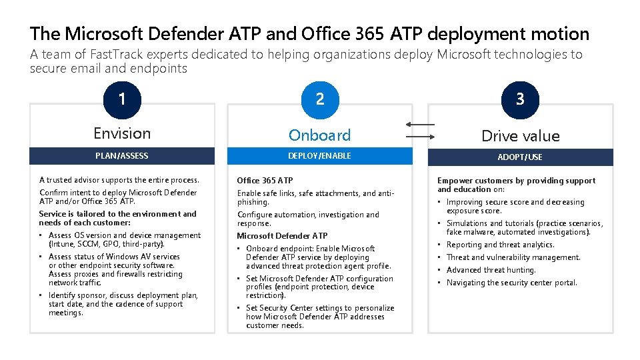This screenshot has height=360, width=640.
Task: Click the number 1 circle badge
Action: click(x=121, y=99)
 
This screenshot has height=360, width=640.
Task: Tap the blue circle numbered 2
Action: click(x=320, y=99)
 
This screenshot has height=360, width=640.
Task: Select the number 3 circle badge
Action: click(x=520, y=99)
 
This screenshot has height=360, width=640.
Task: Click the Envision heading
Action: click(x=122, y=133)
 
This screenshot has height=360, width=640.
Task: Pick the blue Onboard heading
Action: click(x=319, y=135)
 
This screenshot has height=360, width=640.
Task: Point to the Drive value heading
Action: click(x=520, y=136)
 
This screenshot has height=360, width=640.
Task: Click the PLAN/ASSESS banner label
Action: click(x=122, y=156)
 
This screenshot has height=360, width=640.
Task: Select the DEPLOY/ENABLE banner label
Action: click(x=319, y=156)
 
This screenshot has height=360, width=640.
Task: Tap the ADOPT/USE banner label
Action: click(x=520, y=157)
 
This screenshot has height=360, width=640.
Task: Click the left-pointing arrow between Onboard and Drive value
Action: click(x=420, y=125)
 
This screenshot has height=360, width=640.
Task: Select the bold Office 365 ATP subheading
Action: click(x=265, y=180)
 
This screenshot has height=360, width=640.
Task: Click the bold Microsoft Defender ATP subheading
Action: click(x=282, y=235)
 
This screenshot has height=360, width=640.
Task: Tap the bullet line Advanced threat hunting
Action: click(x=491, y=270)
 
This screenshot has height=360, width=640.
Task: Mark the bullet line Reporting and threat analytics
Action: click(x=500, y=245)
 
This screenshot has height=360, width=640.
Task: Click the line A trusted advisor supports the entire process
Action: click(x=119, y=180)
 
